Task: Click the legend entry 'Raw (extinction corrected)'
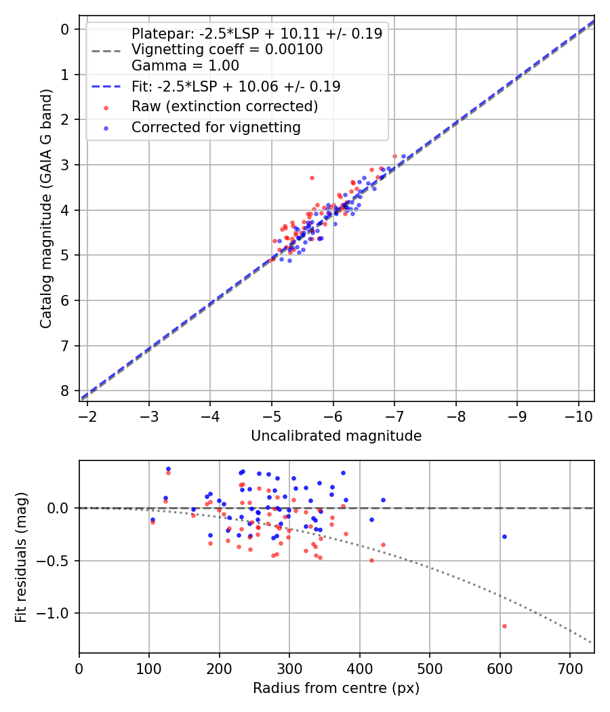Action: tap(224, 106)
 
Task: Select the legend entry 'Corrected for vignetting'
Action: tap(216, 127)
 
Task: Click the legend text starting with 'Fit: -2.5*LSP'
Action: tap(236, 87)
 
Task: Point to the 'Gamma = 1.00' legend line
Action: tap(185, 66)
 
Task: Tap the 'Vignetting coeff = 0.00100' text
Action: tap(227, 50)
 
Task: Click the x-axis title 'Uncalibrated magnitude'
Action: tap(336, 436)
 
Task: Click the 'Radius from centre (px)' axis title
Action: tap(336, 688)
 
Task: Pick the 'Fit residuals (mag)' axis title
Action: tap(21, 557)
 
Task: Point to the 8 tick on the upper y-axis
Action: tap(65, 391)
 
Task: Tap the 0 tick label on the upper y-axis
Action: tap(65, 29)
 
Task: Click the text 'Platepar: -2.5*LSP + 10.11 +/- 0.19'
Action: tap(257, 34)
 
